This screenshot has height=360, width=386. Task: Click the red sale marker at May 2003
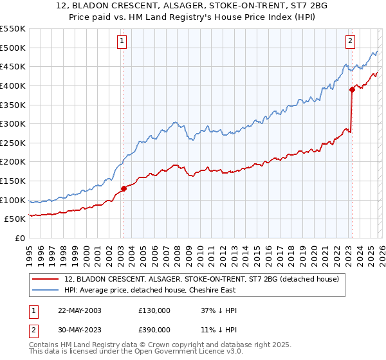(x=124, y=188)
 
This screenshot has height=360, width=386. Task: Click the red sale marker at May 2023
(x=352, y=89)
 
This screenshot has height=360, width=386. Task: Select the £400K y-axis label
(x=13, y=85)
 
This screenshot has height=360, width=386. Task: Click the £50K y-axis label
(x=15, y=219)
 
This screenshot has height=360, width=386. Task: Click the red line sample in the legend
(x=46, y=279)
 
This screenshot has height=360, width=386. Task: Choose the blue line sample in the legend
(x=46, y=290)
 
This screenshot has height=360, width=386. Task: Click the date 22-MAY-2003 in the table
(x=79, y=310)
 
